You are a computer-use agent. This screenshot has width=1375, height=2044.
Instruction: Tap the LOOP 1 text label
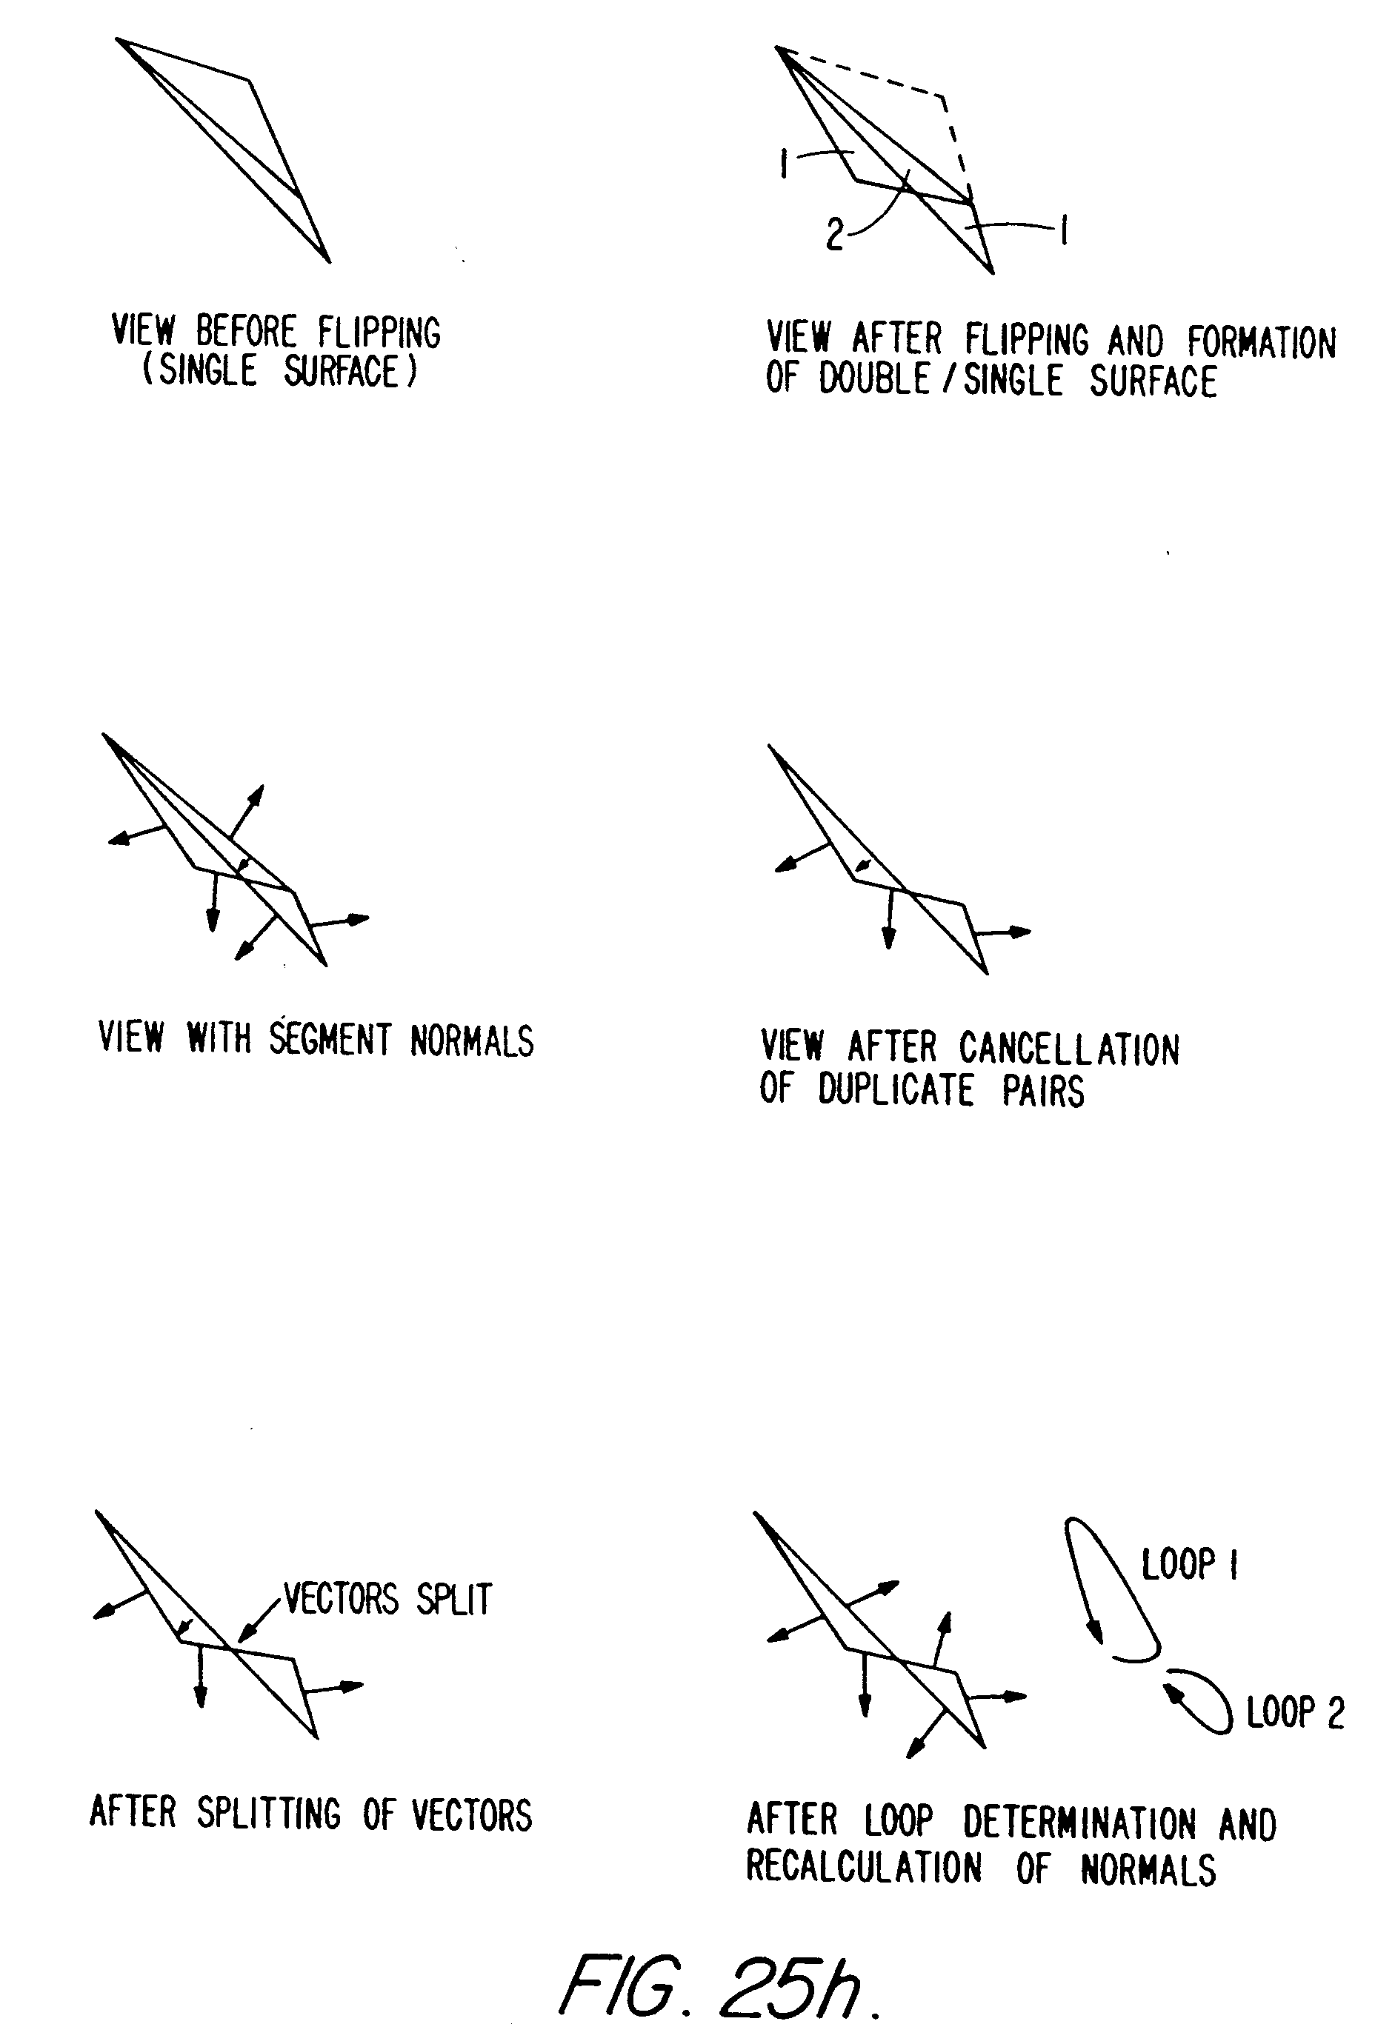tap(1189, 1563)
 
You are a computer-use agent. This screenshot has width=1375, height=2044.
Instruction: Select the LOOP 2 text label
tap(1294, 1713)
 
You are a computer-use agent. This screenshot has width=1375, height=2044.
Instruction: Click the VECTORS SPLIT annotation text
tap(387, 1600)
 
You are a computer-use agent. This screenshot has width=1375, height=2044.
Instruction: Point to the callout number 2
tap(835, 235)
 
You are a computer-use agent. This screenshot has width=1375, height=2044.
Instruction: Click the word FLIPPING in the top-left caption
tap(379, 333)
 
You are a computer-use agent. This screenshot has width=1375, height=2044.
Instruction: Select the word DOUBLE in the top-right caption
tap(873, 379)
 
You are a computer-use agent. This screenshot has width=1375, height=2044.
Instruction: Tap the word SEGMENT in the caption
tap(330, 1040)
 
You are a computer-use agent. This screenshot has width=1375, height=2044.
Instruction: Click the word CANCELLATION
tap(1069, 1049)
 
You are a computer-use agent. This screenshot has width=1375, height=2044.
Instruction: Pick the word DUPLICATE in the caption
tap(896, 1090)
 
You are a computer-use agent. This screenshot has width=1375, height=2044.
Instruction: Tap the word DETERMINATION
tap(1079, 1824)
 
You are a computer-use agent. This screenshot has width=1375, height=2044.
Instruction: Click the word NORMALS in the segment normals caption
tap(472, 1041)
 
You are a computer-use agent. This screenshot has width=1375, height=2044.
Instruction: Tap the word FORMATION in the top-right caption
tap(1261, 343)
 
